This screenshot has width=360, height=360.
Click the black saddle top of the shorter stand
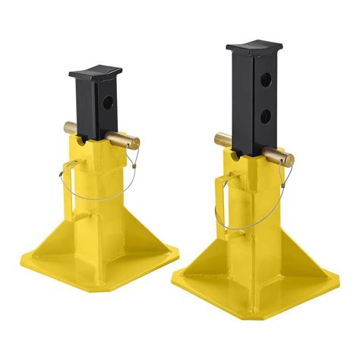(x=94, y=76)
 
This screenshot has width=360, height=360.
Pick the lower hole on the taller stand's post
(x=265, y=115)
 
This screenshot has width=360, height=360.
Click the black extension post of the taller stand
(x=251, y=106)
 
